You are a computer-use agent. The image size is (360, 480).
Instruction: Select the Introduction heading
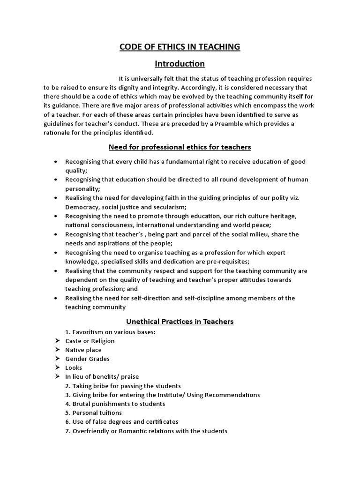pyautogui.click(x=180, y=63)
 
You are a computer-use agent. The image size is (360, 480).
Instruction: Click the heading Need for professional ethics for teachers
pyautogui.click(x=180, y=147)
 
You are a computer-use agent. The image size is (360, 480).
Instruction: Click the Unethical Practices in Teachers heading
pyautogui.click(x=180, y=322)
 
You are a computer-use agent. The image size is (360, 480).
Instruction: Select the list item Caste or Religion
pyautogui.click(x=90, y=341)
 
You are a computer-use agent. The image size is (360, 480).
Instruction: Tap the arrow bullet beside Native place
pyautogui.click(x=57, y=350)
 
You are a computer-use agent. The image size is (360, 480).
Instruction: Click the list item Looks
pyautogui.click(x=74, y=368)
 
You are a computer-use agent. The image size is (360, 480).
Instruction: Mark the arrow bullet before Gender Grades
pyautogui.click(x=57, y=359)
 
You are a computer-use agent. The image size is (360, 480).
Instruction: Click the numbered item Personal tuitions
pyautogui.click(x=97, y=412)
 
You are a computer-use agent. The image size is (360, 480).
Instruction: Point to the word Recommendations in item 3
pyautogui.click(x=232, y=395)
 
